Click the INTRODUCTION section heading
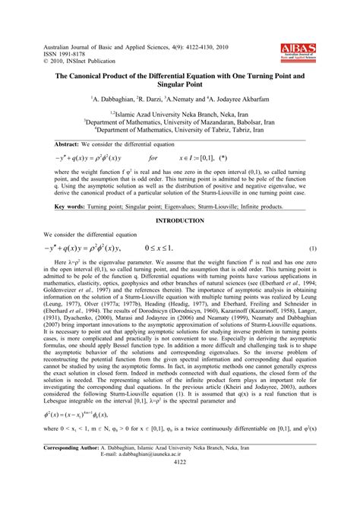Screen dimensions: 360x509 179,221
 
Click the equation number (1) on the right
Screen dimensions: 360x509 312,248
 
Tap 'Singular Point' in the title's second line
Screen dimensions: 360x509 180,86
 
